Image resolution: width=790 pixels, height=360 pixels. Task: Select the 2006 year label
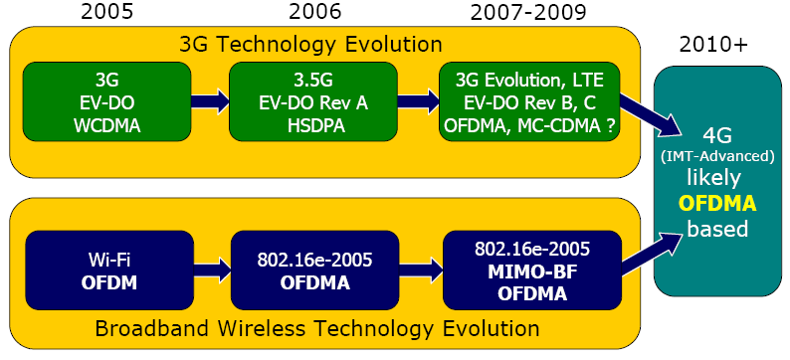click(315, 14)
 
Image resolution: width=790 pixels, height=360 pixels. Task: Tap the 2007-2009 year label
click(527, 14)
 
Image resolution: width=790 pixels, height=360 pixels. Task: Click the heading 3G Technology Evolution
click(310, 44)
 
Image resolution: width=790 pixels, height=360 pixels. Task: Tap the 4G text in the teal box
click(718, 136)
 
